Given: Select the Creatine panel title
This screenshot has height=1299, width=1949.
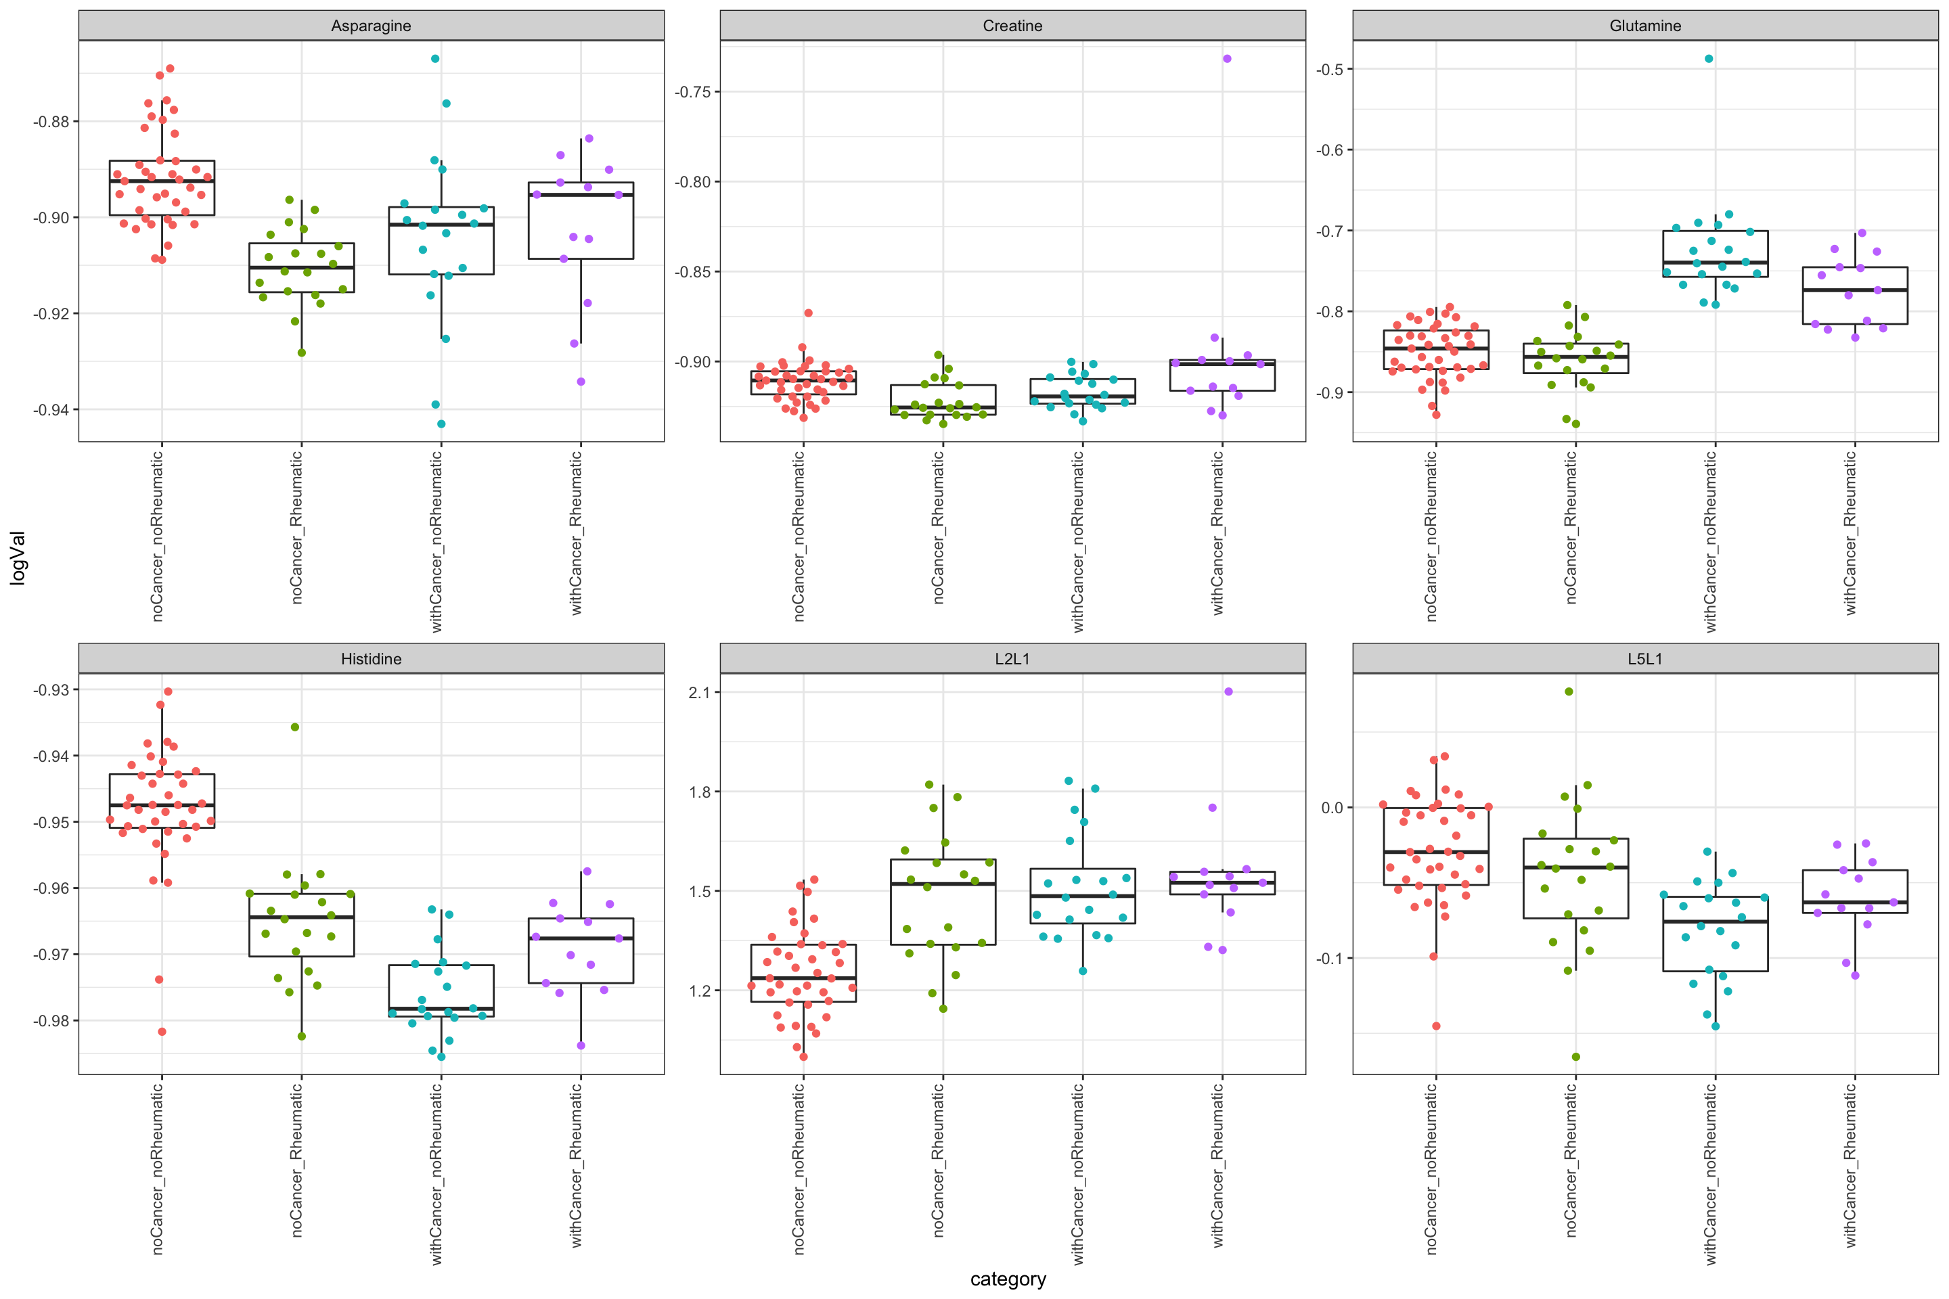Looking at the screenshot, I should pos(1012,26).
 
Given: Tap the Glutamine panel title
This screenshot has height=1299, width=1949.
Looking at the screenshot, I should pos(1645,26).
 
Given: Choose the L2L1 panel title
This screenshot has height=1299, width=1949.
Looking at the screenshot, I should pos(1012,658).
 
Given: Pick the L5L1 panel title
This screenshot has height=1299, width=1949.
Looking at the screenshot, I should pos(1645,658).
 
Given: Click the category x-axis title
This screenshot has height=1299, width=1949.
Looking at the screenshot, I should pos(1008,1279).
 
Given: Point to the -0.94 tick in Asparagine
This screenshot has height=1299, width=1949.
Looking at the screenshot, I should pos(51,410).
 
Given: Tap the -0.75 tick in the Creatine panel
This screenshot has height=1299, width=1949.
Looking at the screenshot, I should pos(693,92).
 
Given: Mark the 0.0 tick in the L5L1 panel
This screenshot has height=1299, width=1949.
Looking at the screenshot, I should pos(1332,808).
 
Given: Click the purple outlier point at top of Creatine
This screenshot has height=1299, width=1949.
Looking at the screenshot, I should pos(1226,59).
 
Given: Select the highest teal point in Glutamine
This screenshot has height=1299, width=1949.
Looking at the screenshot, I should pos(1709,59).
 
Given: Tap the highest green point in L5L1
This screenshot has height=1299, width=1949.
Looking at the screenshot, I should pos(1569,691).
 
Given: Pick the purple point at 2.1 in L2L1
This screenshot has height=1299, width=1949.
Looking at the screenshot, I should pos(1228,691).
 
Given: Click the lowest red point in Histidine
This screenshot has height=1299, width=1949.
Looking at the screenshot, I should pos(162,1031).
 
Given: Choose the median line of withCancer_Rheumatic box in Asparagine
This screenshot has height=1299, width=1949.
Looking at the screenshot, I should pos(581,195).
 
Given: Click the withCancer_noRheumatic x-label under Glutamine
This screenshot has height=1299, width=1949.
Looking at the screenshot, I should pos(1710,542).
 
